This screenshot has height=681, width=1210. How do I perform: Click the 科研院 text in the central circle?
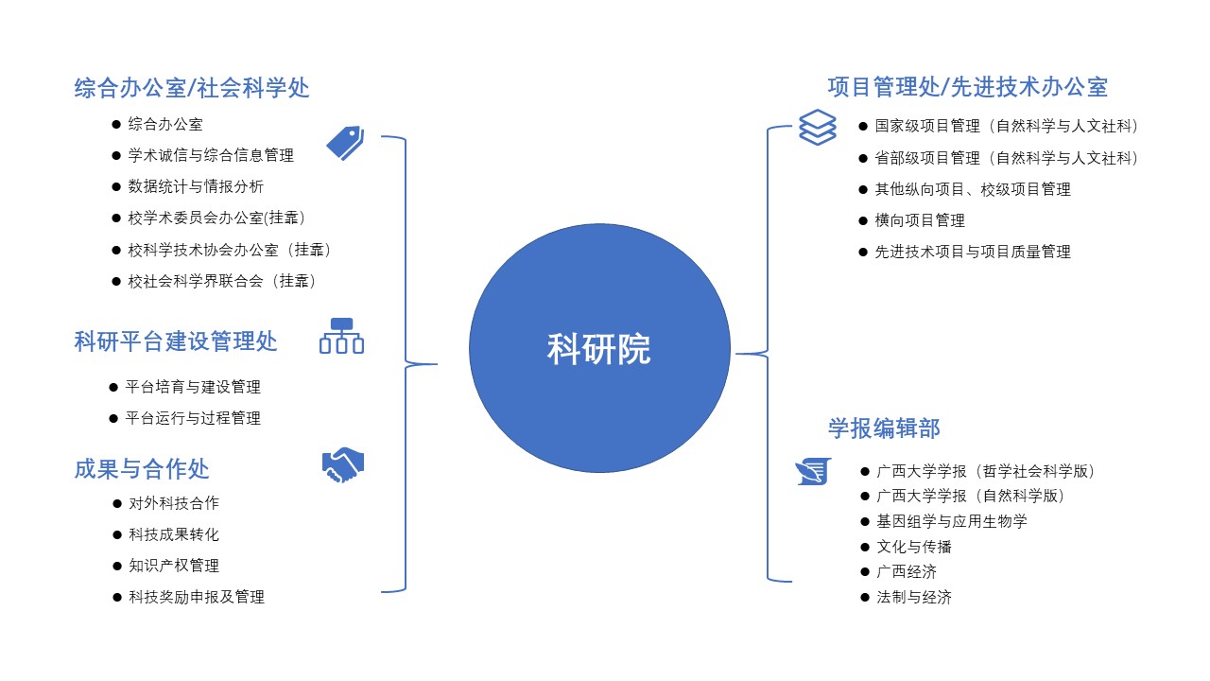(x=599, y=349)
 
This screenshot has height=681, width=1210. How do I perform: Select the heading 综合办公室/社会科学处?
(x=192, y=88)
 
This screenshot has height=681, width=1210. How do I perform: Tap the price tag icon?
(x=345, y=143)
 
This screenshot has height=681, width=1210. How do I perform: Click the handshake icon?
(x=342, y=465)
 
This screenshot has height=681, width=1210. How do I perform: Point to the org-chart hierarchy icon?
(x=341, y=337)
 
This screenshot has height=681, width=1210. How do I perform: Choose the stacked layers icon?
(x=818, y=127)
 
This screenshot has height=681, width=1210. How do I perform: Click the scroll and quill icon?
(x=813, y=470)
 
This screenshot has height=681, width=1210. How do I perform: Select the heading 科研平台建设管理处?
(x=176, y=341)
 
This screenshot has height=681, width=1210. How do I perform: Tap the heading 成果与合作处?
(x=142, y=468)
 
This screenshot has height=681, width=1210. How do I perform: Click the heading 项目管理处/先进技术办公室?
(x=967, y=88)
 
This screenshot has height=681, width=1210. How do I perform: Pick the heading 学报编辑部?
(x=884, y=428)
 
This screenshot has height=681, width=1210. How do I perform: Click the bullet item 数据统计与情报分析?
(x=196, y=186)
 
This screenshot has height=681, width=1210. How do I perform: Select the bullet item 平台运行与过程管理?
(x=193, y=418)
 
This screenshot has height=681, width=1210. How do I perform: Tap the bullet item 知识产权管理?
(x=174, y=566)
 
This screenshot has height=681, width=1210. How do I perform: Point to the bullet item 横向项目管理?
(x=920, y=220)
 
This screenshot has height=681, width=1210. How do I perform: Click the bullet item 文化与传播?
(x=914, y=547)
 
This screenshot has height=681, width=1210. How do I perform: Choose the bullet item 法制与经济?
(x=914, y=598)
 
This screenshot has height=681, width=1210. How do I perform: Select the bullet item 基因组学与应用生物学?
(x=952, y=521)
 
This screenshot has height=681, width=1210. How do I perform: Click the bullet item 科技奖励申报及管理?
(x=197, y=597)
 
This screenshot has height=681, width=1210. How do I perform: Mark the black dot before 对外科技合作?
(x=117, y=503)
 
